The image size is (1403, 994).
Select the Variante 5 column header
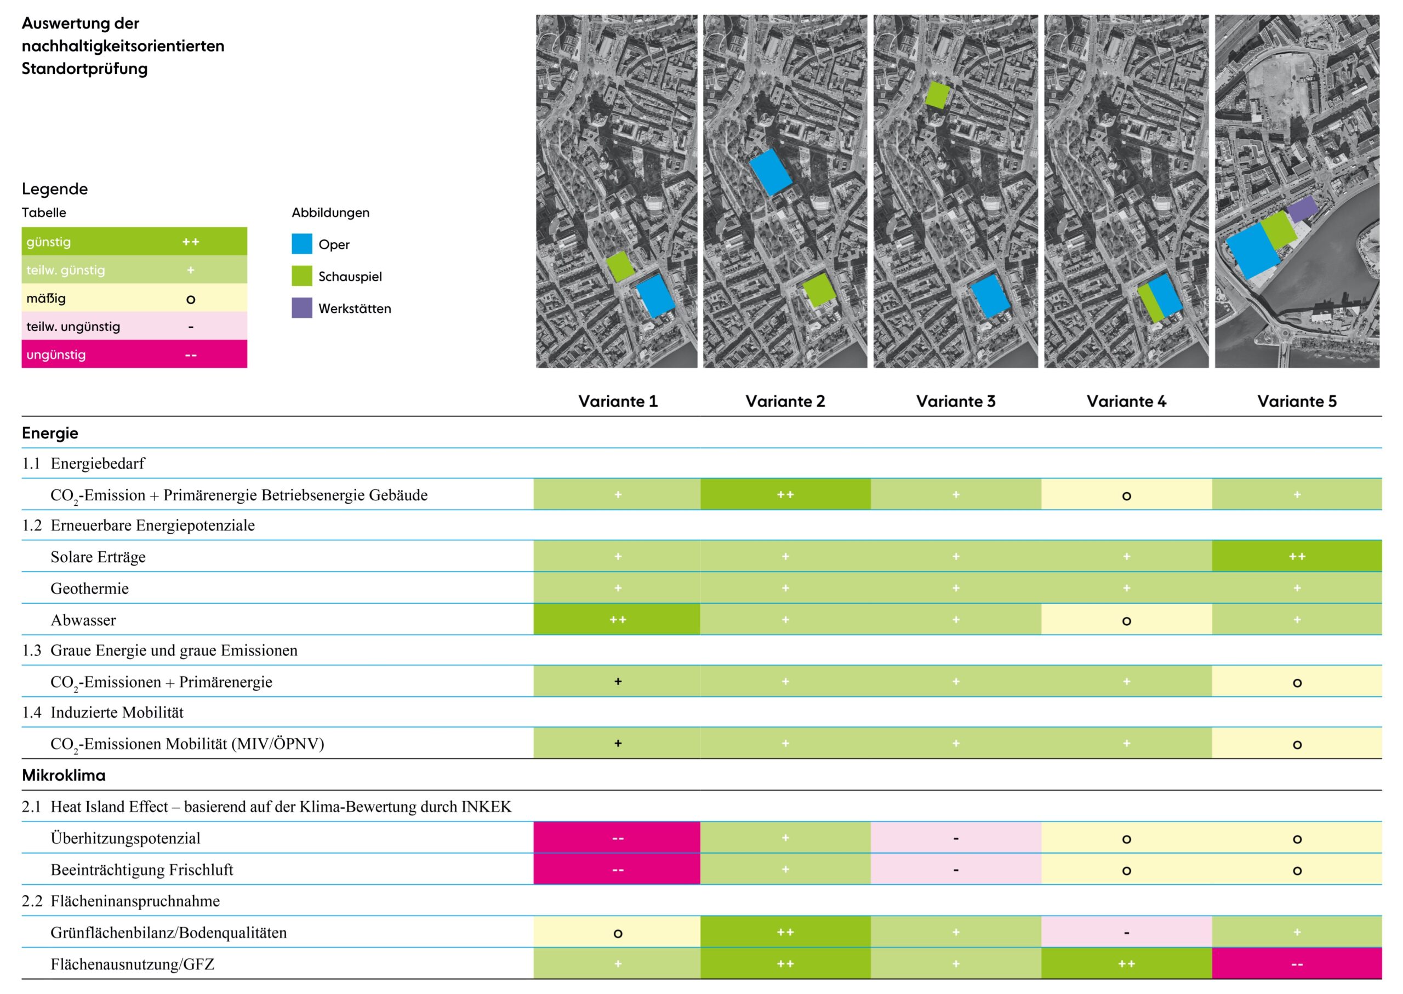point(1297,402)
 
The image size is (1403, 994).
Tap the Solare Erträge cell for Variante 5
point(1297,556)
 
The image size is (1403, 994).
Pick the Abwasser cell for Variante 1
point(617,619)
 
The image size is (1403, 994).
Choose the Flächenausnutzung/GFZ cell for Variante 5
point(1297,964)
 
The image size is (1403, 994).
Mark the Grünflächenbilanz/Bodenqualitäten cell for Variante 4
point(1126,932)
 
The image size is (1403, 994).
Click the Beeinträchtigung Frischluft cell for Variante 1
point(617,869)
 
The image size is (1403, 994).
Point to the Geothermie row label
point(89,588)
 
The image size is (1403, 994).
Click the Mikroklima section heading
point(64,775)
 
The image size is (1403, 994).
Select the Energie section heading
point(50,433)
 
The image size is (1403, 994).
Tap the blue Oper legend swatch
point(302,244)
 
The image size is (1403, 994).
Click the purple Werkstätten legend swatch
point(302,308)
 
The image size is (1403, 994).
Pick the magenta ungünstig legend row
point(134,355)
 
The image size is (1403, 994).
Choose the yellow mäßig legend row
point(134,298)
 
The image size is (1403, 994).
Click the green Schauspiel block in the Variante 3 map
point(937,95)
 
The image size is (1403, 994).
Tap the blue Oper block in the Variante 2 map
point(770,172)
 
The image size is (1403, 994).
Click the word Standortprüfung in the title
point(84,68)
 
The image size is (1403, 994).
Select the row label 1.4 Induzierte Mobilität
point(103,712)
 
